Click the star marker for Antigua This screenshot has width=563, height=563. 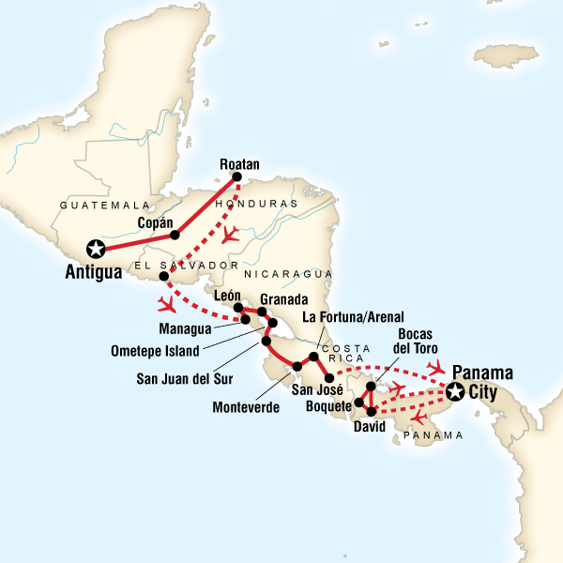click(95, 249)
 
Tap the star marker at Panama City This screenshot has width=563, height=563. click(457, 391)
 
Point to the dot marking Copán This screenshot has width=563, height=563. click(175, 236)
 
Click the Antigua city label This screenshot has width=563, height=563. click(94, 272)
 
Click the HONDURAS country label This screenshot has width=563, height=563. click(256, 204)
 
